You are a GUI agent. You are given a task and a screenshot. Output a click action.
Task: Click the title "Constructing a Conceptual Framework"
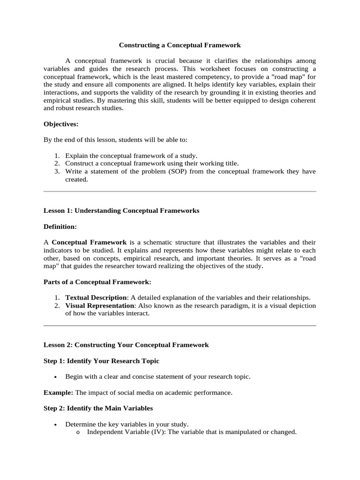[x=180, y=45]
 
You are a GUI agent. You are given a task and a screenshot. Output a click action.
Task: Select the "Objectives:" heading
[x=61, y=124]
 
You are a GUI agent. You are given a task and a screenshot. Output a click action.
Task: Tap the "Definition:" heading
[x=60, y=226]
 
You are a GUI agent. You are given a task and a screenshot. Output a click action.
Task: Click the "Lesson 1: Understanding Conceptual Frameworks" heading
[x=121, y=210]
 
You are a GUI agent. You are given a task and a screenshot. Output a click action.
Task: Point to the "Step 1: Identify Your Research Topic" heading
[x=101, y=360]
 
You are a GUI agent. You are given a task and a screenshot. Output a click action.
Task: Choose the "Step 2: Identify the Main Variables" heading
[x=98, y=408]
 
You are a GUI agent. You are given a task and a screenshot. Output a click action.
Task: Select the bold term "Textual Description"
[x=96, y=298]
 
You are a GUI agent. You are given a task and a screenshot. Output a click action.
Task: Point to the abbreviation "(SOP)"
[x=177, y=172]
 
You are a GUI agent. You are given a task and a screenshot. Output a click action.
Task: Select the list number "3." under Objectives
[x=57, y=172]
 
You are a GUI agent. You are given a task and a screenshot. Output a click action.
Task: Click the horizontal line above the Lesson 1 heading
[x=180, y=191]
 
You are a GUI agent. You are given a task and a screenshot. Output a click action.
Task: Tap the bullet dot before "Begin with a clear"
[x=56, y=377]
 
